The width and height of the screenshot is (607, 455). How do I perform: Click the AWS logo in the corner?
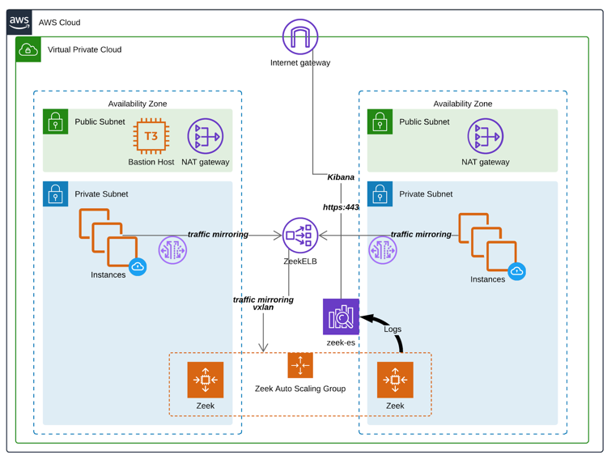19,23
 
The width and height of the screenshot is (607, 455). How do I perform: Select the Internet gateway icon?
300,37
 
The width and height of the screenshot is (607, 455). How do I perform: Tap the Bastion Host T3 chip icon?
151,137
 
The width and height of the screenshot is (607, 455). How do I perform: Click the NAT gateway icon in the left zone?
206,137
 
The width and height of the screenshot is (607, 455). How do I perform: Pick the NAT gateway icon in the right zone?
486,137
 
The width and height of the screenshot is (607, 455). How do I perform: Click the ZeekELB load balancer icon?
300,236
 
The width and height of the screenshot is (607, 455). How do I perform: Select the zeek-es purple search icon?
341,317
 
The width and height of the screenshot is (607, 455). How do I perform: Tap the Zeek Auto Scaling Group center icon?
300,366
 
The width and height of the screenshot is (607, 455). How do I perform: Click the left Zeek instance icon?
206,380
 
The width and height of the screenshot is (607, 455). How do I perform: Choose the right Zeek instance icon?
395,380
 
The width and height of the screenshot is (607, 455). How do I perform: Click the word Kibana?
341,177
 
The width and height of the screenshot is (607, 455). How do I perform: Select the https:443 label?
341,207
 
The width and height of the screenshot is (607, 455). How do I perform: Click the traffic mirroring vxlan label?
263,304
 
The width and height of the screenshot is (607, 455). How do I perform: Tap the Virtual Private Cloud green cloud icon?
28,49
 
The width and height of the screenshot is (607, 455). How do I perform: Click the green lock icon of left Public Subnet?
56,121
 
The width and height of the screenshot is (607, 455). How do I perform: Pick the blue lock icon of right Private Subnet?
380,194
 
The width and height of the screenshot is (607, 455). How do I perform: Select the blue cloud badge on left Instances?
138,266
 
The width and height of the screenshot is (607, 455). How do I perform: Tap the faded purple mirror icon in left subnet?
172,250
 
